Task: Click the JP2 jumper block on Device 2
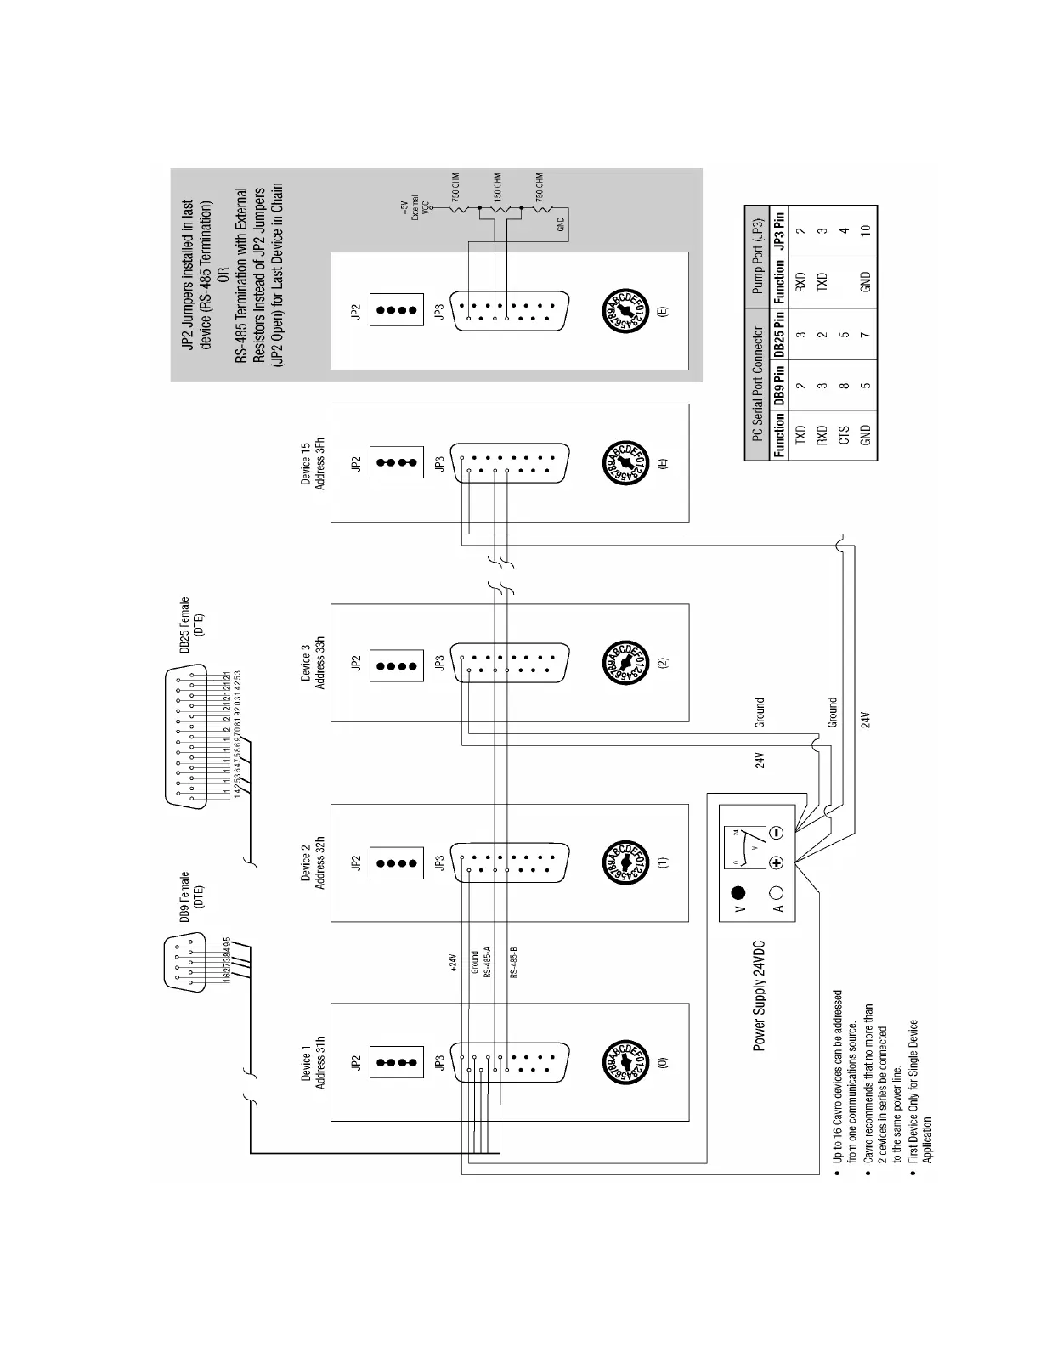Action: pyautogui.click(x=396, y=862)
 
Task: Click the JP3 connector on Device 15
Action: pyautogui.click(x=507, y=464)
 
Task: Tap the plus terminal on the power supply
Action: pyautogui.click(x=776, y=862)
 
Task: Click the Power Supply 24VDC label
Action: pyautogui.click(x=760, y=996)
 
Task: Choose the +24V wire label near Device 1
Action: pyautogui.click(x=453, y=963)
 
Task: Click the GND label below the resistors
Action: pyautogui.click(x=561, y=224)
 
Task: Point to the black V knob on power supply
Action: pyautogui.click(x=738, y=893)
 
